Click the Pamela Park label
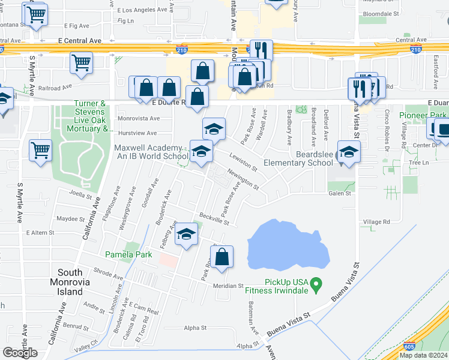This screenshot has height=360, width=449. coord(125,254)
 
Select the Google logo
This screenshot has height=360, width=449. coord(20,353)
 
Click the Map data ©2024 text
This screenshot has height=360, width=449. coord(423,355)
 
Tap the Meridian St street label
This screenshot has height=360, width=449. coord(228,286)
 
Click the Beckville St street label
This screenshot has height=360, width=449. coord(215,218)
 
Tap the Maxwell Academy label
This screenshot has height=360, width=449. coord(151,152)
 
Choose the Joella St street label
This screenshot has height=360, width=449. coord(81,194)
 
